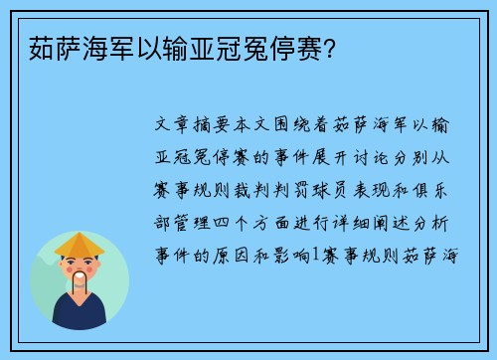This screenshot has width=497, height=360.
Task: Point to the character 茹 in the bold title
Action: pyautogui.click(x=30, y=44)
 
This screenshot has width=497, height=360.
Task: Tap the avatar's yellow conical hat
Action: pyautogui.click(x=81, y=245)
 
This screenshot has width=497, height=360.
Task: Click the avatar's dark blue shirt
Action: pyautogui.click(x=81, y=315)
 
